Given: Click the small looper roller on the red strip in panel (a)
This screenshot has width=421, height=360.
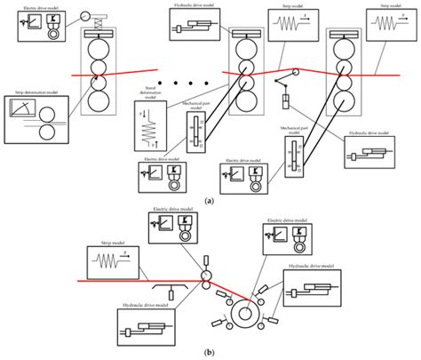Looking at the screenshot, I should tap(295, 72).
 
